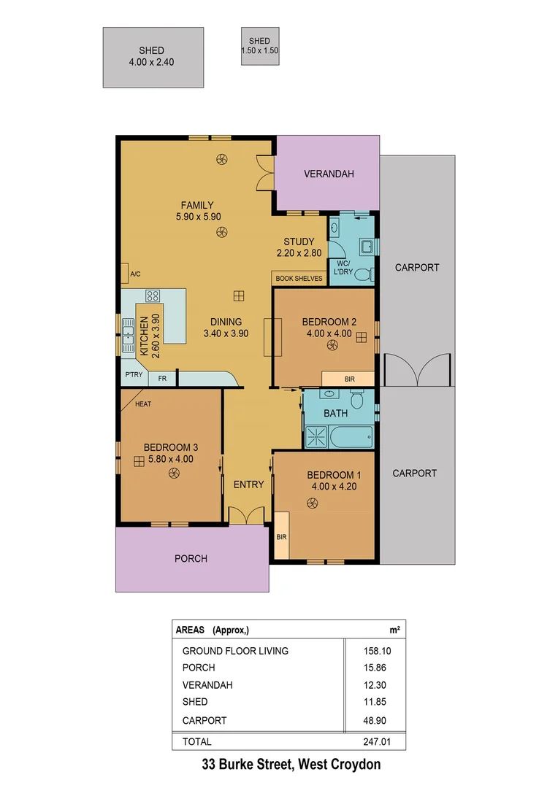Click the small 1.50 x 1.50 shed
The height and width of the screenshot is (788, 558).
pyautogui.click(x=259, y=46)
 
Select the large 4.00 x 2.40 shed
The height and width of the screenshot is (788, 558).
pyautogui.click(x=152, y=57)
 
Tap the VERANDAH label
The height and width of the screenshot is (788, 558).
pyautogui.click(x=329, y=174)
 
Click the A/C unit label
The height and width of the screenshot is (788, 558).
pyautogui.click(x=135, y=274)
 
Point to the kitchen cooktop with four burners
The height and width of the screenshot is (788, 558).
pyautogui.click(x=153, y=296)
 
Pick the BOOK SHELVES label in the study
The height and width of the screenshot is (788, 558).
pyautogui.click(x=299, y=279)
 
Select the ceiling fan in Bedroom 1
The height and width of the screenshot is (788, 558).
pyautogui.click(x=313, y=503)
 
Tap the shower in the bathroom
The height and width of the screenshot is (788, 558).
pyautogui.click(x=316, y=438)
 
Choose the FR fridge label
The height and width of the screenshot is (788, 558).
pyautogui.click(x=162, y=379)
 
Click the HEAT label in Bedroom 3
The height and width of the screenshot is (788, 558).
pyautogui.click(x=143, y=403)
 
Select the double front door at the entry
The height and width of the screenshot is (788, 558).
pyautogui.click(x=247, y=515)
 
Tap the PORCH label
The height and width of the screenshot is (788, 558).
pyautogui.click(x=191, y=559)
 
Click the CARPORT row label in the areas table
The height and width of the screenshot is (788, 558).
pyautogui.click(x=205, y=720)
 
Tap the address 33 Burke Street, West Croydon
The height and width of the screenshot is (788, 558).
pyautogui.click(x=291, y=765)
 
